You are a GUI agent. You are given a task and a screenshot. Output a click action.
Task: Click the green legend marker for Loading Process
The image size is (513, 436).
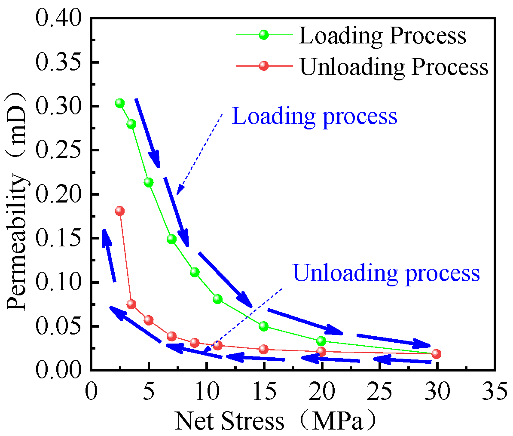pos(264,35)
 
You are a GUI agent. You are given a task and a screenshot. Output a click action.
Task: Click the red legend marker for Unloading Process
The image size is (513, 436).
pos(264,66)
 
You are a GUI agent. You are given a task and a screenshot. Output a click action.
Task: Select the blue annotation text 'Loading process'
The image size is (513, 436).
pos(315,117)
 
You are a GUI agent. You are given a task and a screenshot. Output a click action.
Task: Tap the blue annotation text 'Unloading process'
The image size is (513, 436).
pos(386,273)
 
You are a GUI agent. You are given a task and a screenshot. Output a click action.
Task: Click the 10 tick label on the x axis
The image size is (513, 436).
pos(206,393)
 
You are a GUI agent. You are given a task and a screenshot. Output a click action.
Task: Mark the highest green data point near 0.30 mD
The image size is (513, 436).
pos(119,103)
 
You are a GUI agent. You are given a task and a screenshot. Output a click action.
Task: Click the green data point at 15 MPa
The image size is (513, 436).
pos(264,326)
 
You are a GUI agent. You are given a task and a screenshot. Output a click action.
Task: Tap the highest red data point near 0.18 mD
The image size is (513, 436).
pos(119,211)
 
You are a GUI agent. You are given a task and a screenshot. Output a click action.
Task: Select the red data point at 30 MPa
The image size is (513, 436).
pos(437,353)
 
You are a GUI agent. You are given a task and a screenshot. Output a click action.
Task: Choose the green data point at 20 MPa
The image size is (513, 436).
pos(321,341)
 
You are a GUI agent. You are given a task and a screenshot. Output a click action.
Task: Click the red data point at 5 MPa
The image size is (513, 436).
pos(149,320)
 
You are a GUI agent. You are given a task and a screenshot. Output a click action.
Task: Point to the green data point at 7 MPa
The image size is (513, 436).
pos(171,239)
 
